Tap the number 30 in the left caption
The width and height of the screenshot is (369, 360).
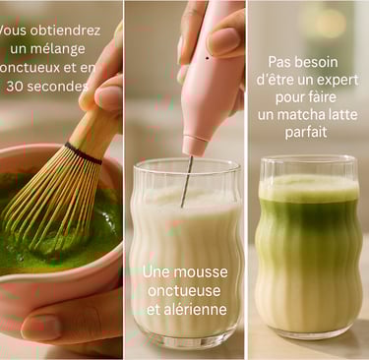pos(15,87)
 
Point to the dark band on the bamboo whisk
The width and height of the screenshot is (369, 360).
pos(84,153)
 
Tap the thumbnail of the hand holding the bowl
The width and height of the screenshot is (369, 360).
pos(41,327)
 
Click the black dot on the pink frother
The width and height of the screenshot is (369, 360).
pos(208,58)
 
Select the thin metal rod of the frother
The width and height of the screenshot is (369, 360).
pos(186,181)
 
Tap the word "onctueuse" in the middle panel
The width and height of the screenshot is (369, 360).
pos(184,291)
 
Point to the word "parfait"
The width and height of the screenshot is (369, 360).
pos(306,132)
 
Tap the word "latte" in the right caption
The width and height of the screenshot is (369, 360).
pos(343,115)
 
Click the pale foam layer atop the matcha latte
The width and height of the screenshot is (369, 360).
pos(308,188)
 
